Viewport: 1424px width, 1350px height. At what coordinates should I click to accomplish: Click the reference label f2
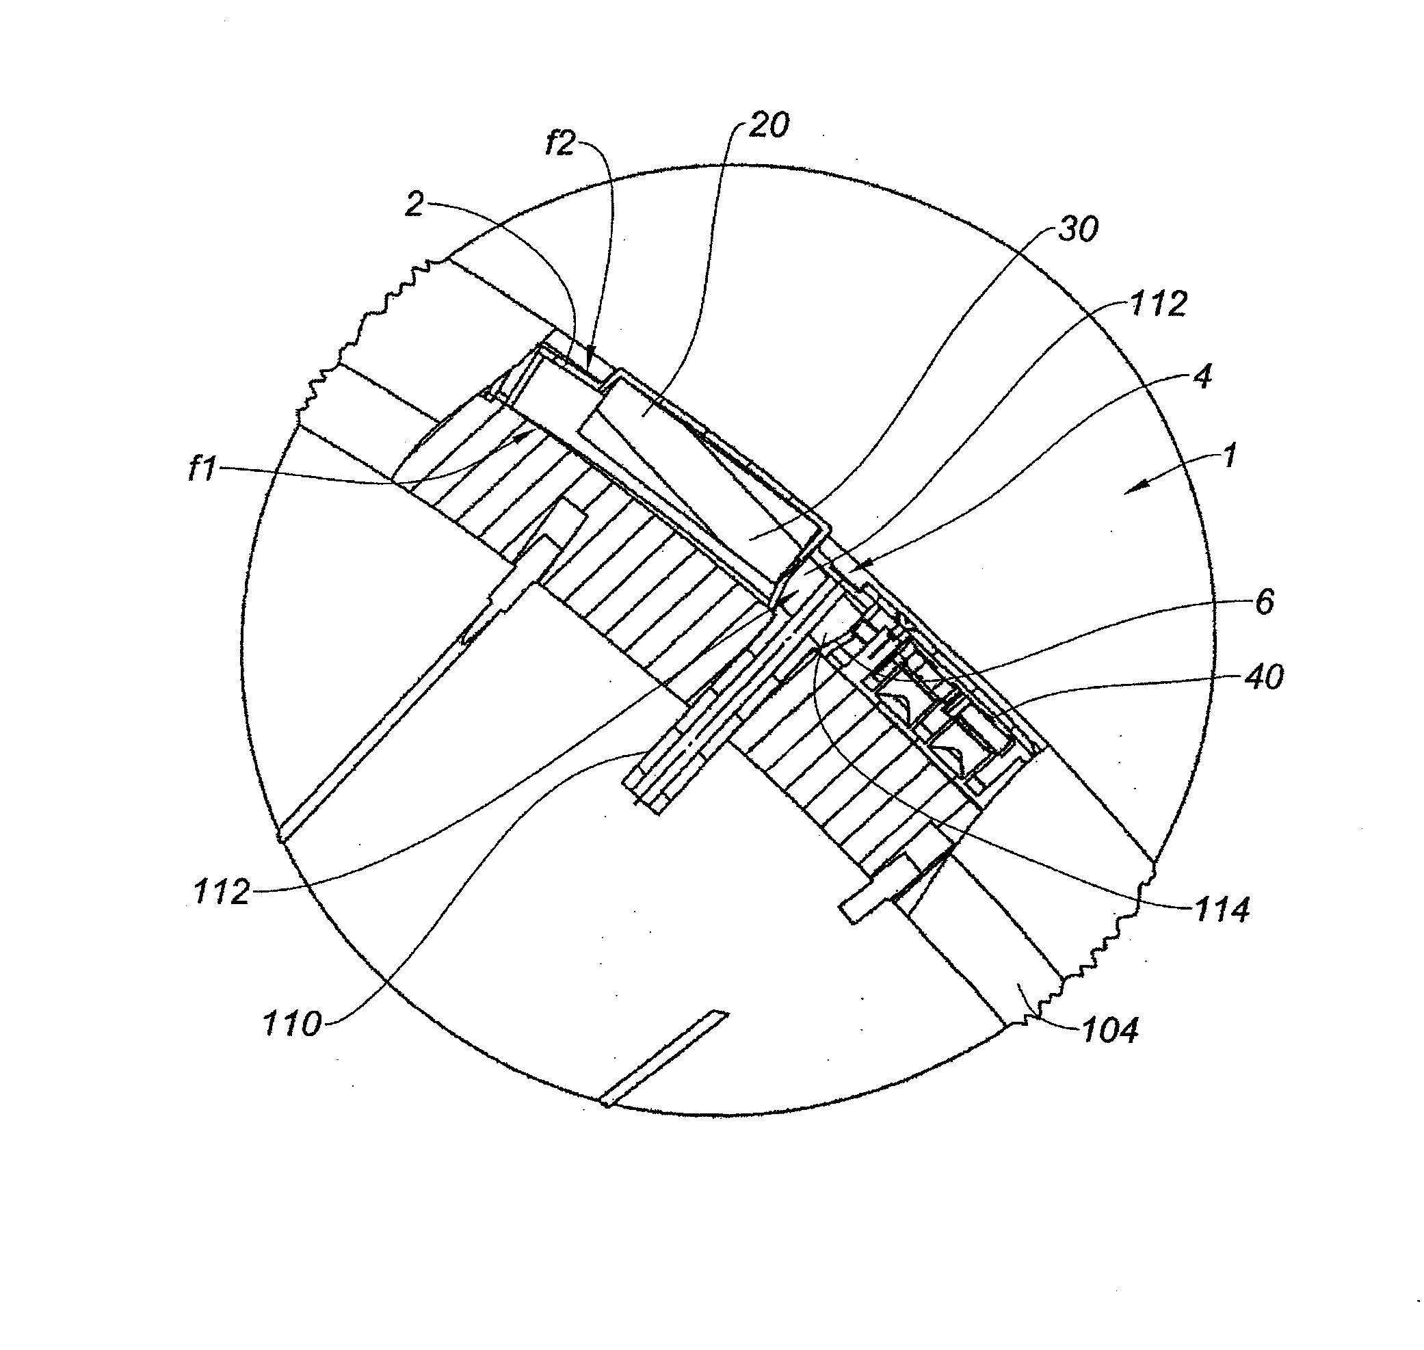[x=561, y=143]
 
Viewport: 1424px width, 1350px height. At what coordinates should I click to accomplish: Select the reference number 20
[x=769, y=125]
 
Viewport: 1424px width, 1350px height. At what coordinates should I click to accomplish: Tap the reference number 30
[x=1078, y=229]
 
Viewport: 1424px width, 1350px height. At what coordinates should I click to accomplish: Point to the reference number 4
[x=1202, y=376]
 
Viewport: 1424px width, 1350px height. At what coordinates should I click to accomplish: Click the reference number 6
[x=1264, y=602]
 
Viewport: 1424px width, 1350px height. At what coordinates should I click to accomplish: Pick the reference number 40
[x=1263, y=677]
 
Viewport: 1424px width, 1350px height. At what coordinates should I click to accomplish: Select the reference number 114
[x=1222, y=910]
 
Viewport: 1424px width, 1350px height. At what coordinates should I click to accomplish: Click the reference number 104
[x=1110, y=1031]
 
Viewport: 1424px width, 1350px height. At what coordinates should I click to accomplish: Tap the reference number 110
[x=291, y=1023]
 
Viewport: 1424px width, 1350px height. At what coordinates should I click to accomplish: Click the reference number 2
[x=414, y=205]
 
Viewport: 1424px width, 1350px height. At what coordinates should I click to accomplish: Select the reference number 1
[x=1229, y=455]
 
